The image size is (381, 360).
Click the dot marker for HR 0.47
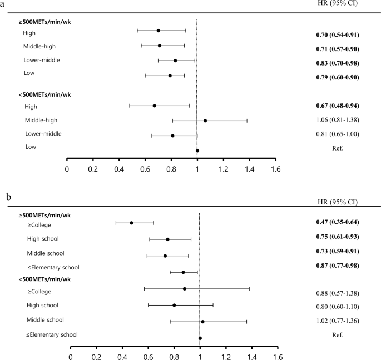[x=131, y=223]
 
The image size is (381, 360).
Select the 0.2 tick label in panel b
[x=96, y=356]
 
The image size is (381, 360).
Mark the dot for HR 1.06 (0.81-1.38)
[x=205, y=120]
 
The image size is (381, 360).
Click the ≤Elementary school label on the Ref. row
[x=52, y=334]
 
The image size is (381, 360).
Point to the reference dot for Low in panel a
[x=197, y=151]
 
